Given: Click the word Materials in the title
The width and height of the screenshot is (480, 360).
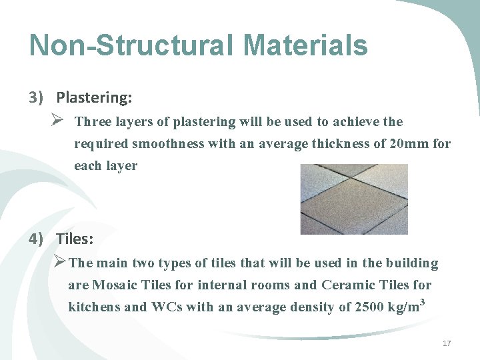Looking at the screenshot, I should point(305,45).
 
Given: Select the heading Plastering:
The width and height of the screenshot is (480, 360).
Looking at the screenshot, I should point(94,98).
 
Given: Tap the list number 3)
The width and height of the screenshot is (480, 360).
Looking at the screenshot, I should point(36,98).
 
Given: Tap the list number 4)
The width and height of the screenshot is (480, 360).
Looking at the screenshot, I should point(36,239).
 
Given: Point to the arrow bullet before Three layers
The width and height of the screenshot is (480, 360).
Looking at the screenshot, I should point(57,122).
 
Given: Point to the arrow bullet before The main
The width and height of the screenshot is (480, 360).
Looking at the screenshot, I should point(59,263).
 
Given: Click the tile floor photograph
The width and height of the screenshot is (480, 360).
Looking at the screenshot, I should point(353,199).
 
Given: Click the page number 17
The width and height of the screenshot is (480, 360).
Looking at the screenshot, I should point(447,343).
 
